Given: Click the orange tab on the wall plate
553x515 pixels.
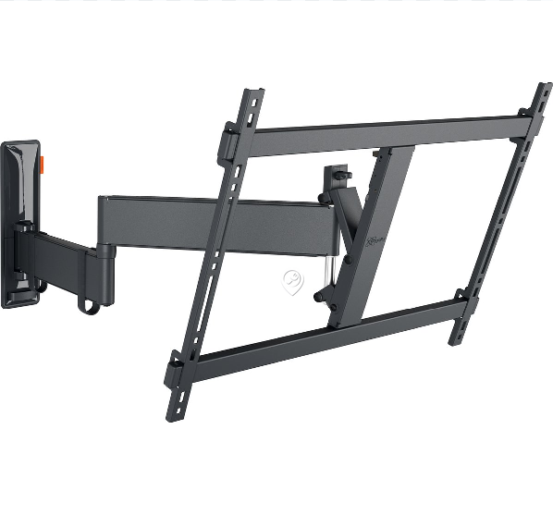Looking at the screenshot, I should pyautogui.click(x=43, y=162).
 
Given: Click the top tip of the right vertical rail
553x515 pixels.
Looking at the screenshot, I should pyautogui.click(x=544, y=89).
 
